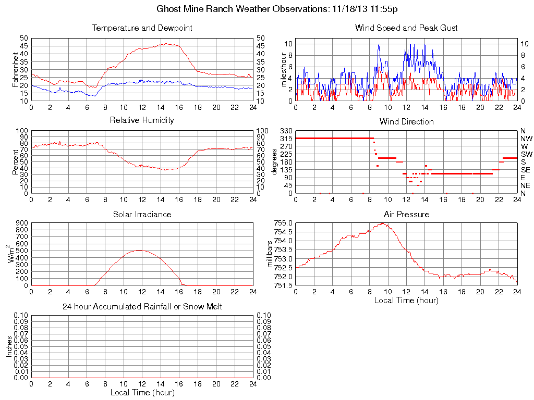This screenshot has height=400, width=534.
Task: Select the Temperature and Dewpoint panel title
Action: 142,28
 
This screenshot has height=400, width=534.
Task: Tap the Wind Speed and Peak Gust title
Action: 406,28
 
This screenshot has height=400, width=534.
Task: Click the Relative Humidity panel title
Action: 142,120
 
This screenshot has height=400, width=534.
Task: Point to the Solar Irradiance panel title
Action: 142,214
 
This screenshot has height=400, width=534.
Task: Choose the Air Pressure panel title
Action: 406,214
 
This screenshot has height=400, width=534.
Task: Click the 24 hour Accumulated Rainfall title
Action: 142,307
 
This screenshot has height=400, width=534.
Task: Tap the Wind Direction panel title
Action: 406,121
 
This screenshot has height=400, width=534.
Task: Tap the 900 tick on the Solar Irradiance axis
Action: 22,223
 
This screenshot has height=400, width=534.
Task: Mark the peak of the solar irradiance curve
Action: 139,250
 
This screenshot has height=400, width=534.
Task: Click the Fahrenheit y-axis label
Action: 16,70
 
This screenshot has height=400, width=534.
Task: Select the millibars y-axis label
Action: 270,254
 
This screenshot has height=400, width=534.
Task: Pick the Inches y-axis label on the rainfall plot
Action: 9,346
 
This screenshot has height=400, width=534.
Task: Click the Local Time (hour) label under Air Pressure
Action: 406,300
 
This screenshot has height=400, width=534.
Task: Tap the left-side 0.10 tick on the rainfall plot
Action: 21,316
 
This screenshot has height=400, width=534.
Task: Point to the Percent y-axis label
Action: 16,162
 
